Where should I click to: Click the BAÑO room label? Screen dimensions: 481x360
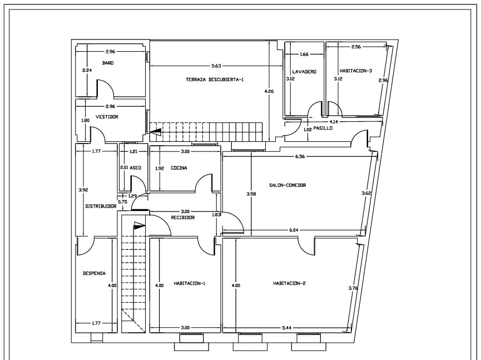tap(108, 63)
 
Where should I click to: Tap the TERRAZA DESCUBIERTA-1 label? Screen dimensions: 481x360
tap(215, 80)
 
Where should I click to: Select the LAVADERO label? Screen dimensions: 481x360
tap(304, 72)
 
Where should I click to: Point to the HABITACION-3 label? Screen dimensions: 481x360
tap(356, 71)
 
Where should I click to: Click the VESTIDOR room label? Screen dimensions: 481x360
tap(107, 117)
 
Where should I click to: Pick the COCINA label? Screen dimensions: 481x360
tap(179, 168)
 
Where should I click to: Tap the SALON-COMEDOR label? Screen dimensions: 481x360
tap(287, 185)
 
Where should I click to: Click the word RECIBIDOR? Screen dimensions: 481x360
tap(183, 218)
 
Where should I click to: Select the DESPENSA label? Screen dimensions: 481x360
tap(94, 273)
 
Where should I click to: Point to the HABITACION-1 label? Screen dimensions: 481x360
tap(189, 283)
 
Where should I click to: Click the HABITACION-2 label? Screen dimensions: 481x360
tap(289, 283)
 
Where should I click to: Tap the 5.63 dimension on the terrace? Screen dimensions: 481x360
tap(216, 66)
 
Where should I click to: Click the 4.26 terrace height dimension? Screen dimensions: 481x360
tap(269, 91)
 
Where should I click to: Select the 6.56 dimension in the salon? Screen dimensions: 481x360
tap(300, 156)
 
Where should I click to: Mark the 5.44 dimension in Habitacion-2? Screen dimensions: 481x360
tap(286, 328)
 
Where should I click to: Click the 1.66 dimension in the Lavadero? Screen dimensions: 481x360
tap(304, 55)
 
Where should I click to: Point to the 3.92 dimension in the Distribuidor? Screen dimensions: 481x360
tap(83, 190)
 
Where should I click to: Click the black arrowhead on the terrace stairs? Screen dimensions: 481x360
tap(156, 132)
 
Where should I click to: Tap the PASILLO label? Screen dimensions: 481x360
tap(323, 128)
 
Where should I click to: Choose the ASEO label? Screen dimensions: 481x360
tap(136, 167)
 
